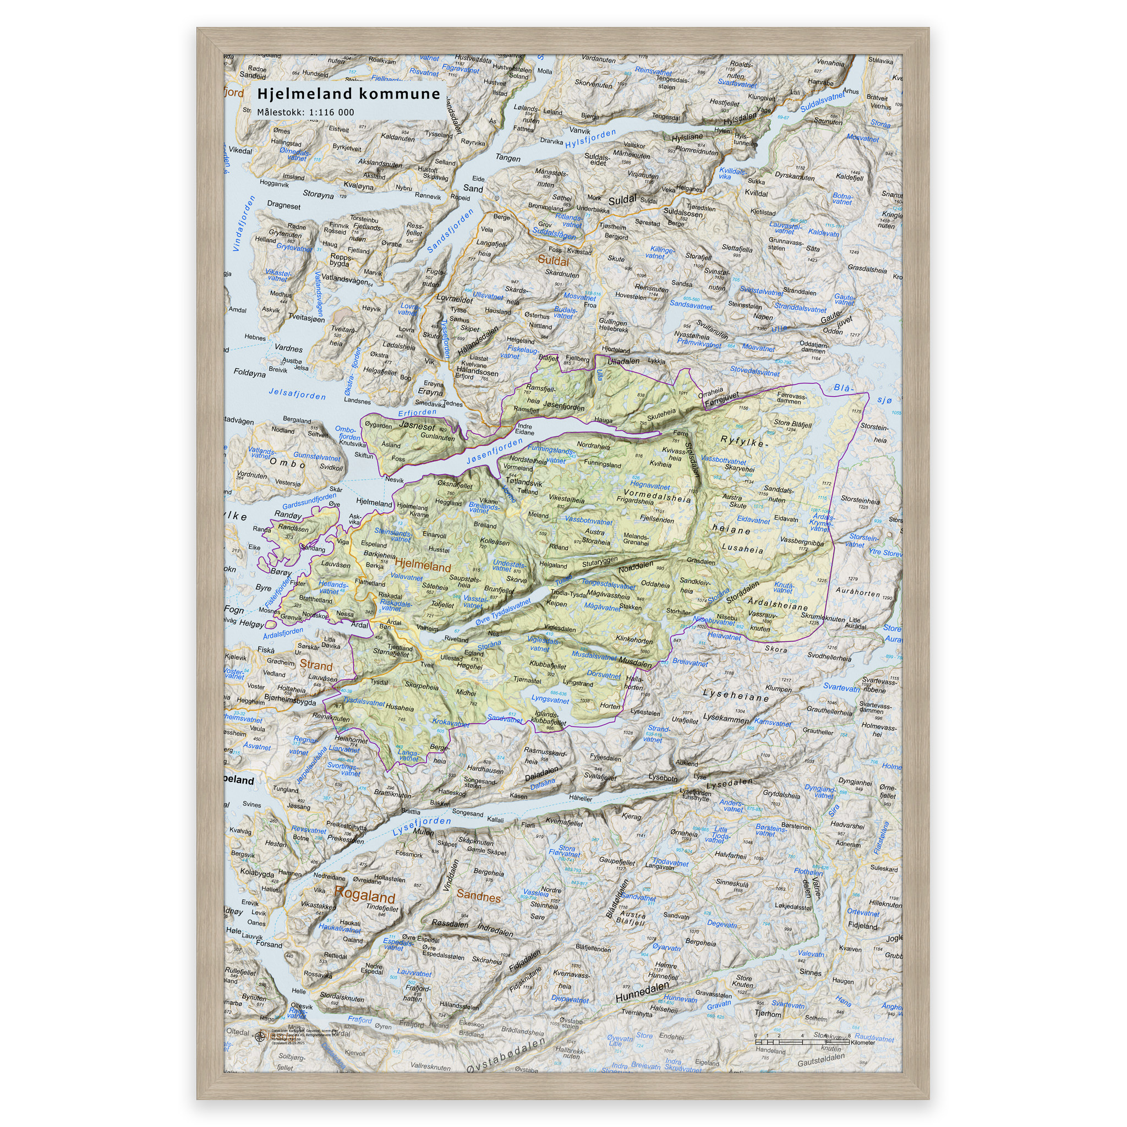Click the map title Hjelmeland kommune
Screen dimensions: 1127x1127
[x=348, y=94]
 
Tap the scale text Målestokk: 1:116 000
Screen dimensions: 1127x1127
[x=305, y=112]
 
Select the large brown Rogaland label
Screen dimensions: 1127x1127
[x=365, y=895]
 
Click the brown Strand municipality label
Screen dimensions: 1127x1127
[x=315, y=665]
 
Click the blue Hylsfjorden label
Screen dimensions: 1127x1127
[x=590, y=138]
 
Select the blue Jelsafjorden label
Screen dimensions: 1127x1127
[x=297, y=395]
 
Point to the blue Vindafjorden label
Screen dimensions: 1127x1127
[x=244, y=223]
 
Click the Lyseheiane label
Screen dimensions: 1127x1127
[x=736, y=696]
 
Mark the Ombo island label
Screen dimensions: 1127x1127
[x=287, y=464]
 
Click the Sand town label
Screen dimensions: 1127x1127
[x=473, y=188]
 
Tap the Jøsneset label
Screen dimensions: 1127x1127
[x=417, y=426]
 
